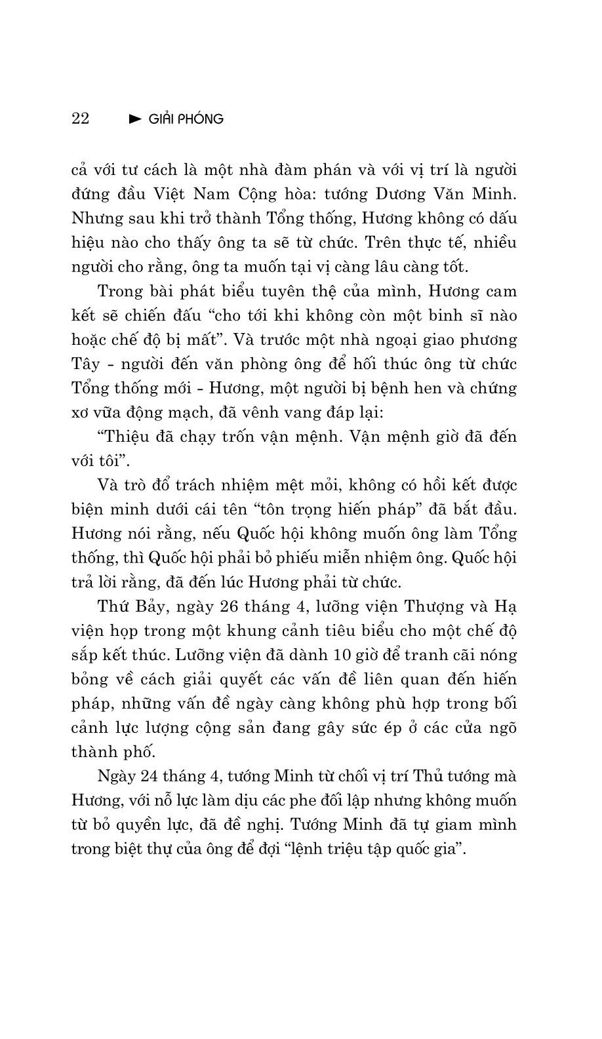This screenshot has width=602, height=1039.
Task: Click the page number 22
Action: click(x=80, y=119)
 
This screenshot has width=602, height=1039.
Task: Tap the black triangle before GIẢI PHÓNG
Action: click(x=136, y=119)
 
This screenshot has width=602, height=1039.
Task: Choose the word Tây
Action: click(x=84, y=364)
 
